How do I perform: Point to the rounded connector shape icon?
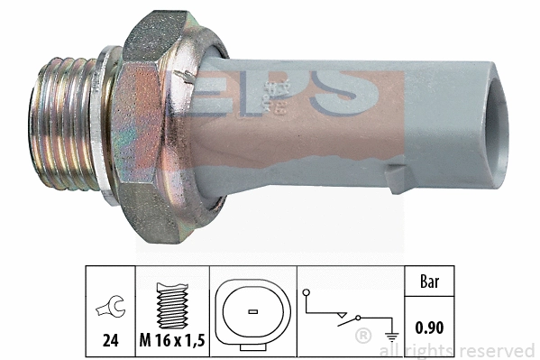[x=252, y=311]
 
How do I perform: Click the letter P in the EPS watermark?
[x=288, y=90]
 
